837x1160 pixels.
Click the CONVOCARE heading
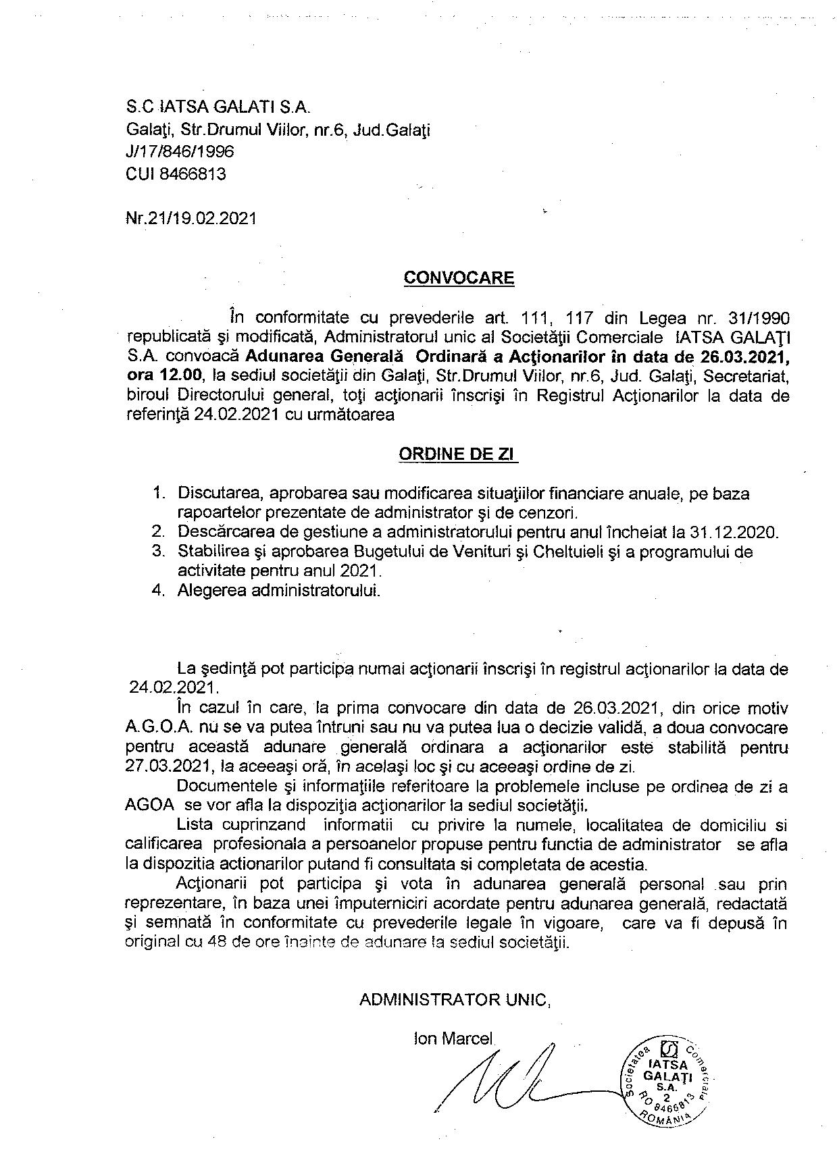click(459, 278)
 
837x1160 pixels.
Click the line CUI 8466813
click(176, 174)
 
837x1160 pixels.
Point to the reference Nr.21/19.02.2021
click(191, 219)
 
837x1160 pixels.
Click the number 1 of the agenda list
click(157, 494)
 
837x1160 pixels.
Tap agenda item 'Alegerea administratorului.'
click(279, 591)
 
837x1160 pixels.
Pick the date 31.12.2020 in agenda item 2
click(738, 532)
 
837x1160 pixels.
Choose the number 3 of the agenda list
click(157, 552)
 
